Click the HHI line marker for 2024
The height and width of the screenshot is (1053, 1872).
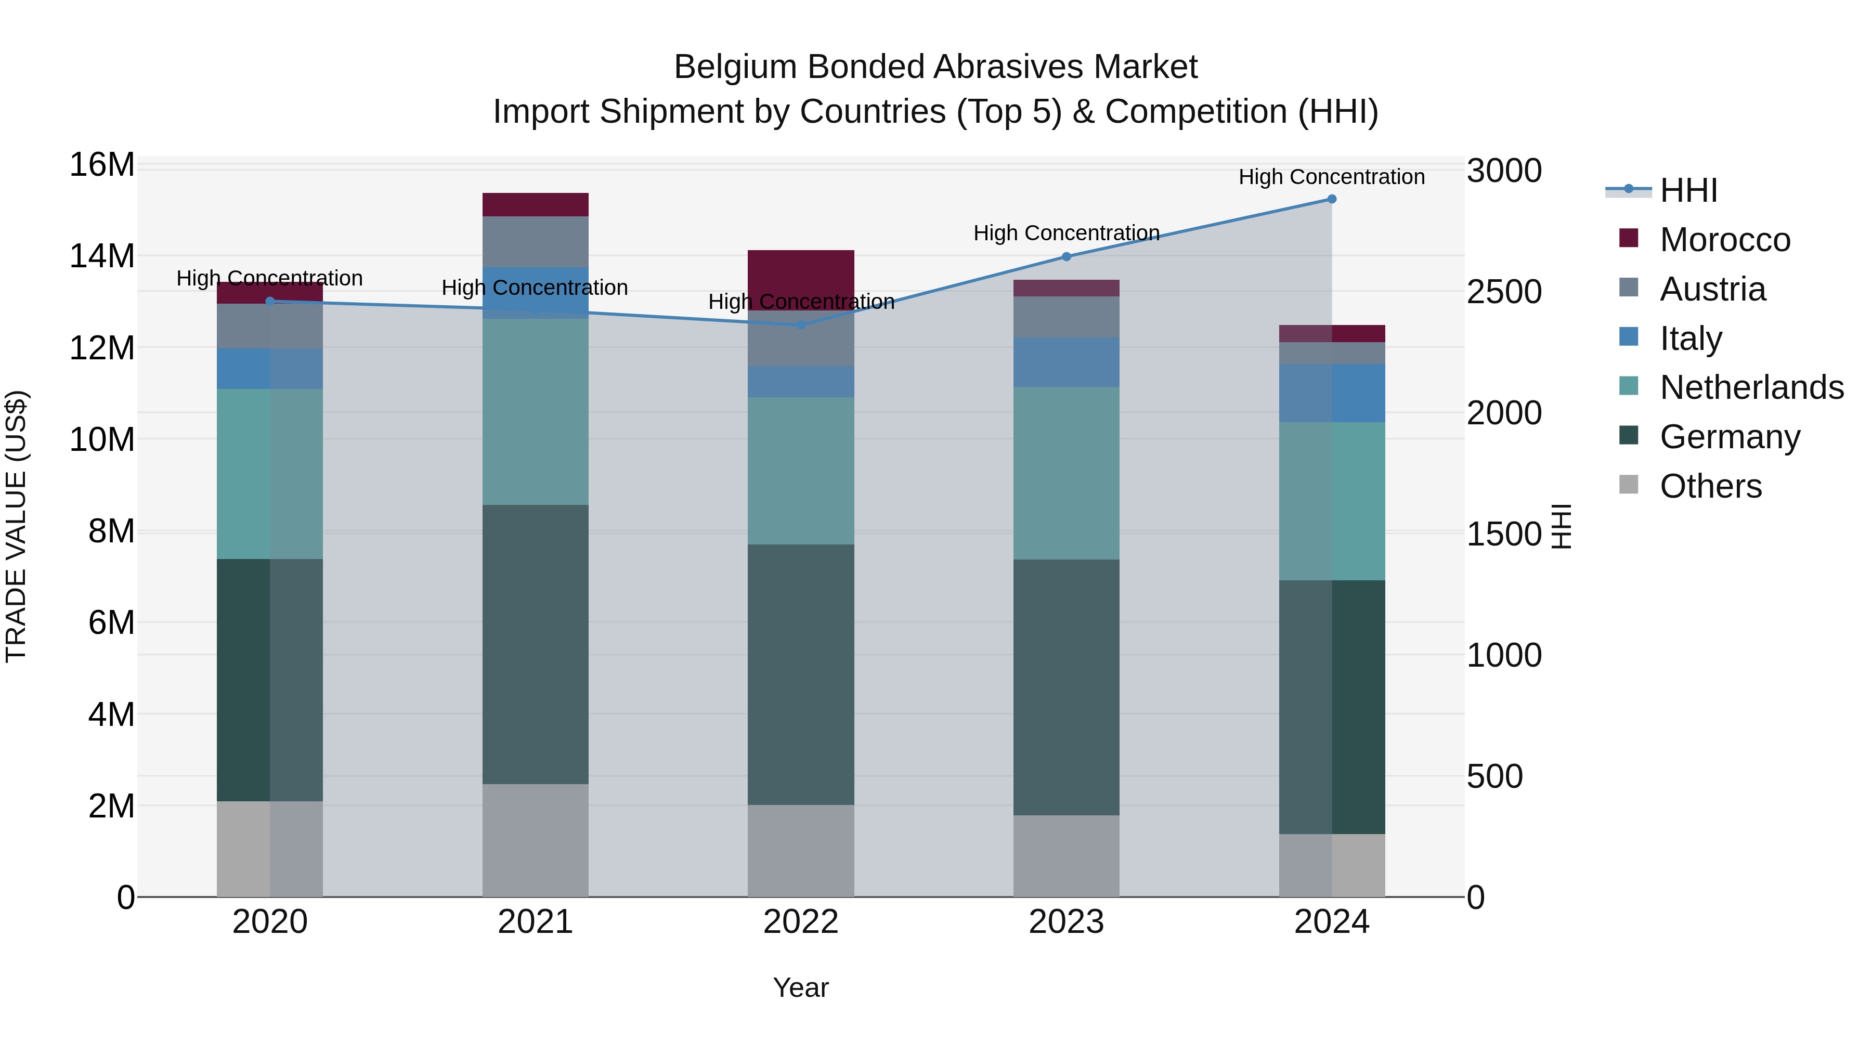click(1331, 199)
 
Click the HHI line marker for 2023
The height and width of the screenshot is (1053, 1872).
click(1066, 256)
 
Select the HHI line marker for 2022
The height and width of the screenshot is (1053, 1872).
click(801, 325)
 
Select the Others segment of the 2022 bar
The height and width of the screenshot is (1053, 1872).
click(801, 850)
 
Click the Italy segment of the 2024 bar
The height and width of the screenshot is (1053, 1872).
click(1331, 393)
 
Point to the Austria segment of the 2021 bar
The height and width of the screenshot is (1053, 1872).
click(536, 241)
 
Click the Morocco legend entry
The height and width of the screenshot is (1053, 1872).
click(1724, 240)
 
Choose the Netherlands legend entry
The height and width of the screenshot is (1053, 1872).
click(1751, 387)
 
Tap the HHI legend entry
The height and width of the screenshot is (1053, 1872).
click(1687, 190)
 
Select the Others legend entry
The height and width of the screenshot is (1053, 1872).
click(1710, 486)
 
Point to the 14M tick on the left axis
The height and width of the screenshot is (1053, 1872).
click(102, 256)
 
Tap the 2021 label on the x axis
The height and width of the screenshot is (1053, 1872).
click(536, 922)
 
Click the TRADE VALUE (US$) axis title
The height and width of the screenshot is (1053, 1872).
click(16, 526)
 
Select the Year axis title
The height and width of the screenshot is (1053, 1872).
click(801, 987)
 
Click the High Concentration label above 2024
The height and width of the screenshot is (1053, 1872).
click(1331, 177)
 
